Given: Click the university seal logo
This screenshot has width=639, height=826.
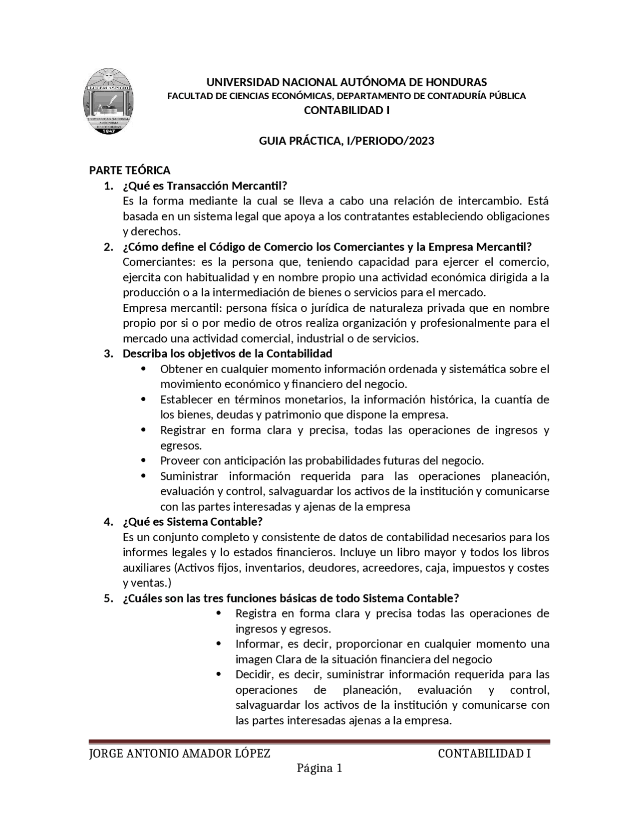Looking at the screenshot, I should point(108,101).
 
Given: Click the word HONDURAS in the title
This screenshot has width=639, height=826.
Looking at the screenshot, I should point(453,82).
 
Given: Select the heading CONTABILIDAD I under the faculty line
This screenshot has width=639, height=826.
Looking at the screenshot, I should point(346,111).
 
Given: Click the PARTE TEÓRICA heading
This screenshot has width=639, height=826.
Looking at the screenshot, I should point(130,171).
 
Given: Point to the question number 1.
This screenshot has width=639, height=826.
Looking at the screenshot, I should point(108,186).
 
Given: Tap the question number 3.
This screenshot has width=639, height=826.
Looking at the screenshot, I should point(108,354).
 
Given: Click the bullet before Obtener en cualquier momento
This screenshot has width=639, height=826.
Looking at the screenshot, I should point(144,369).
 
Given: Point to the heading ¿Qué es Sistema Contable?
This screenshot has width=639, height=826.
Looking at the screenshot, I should point(193,522).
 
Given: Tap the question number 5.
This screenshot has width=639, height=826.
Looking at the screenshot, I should point(108,599).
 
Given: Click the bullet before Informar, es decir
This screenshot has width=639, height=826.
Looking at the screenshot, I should point(219,644).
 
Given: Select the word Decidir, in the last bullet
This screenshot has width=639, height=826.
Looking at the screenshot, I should point(255,675).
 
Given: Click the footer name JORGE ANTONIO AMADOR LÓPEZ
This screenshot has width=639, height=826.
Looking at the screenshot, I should point(180,754).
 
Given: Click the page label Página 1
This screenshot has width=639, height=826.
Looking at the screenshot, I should point(319,769).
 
